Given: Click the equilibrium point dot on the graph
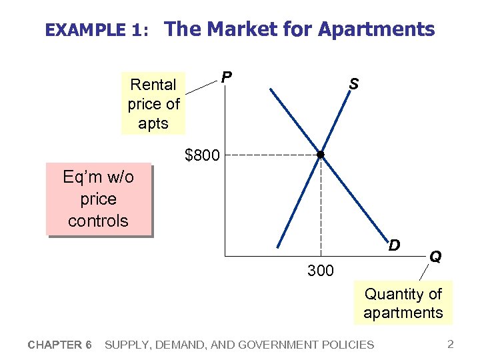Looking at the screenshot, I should click(321, 155).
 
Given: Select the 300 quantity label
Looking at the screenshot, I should click(321, 270).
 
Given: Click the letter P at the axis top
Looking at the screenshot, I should click(227, 77).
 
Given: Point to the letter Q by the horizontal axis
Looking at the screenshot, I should click(435, 256).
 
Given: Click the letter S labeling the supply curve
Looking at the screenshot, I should click(353, 84).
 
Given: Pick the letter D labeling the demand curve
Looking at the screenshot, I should click(394, 245).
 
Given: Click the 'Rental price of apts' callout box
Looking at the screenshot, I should click(153, 104).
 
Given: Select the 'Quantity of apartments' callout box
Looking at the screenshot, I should click(403, 303).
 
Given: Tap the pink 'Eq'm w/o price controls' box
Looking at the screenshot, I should click(99, 199).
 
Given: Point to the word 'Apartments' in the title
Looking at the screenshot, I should click(376, 29).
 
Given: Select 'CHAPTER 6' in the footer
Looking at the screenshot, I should click(60, 345).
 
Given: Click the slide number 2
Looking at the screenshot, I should click(451, 345).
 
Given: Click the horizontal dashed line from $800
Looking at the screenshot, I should click(273, 155).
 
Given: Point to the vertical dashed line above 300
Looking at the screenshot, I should click(321, 207).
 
